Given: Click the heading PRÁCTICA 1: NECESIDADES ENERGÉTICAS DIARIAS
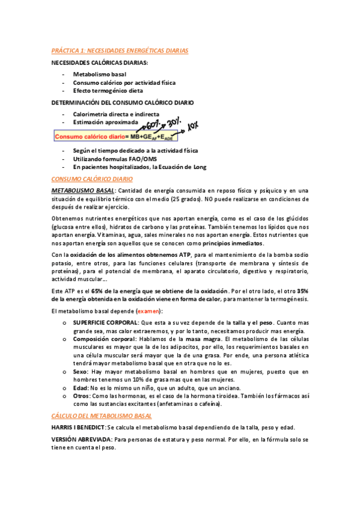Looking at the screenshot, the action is pyautogui.click(x=120, y=51).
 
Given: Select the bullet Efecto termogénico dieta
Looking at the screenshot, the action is pyautogui.click(x=108, y=91).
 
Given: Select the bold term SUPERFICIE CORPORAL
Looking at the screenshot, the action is pyautogui.click(x=105, y=323).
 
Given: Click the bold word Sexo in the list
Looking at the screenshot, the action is pyautogui.click(x=80, y=372).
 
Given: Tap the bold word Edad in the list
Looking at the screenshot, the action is pyautogui.click(x=81, y=389).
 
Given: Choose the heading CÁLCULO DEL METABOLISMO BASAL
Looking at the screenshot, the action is pyautogui.click(x=102, y=416).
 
